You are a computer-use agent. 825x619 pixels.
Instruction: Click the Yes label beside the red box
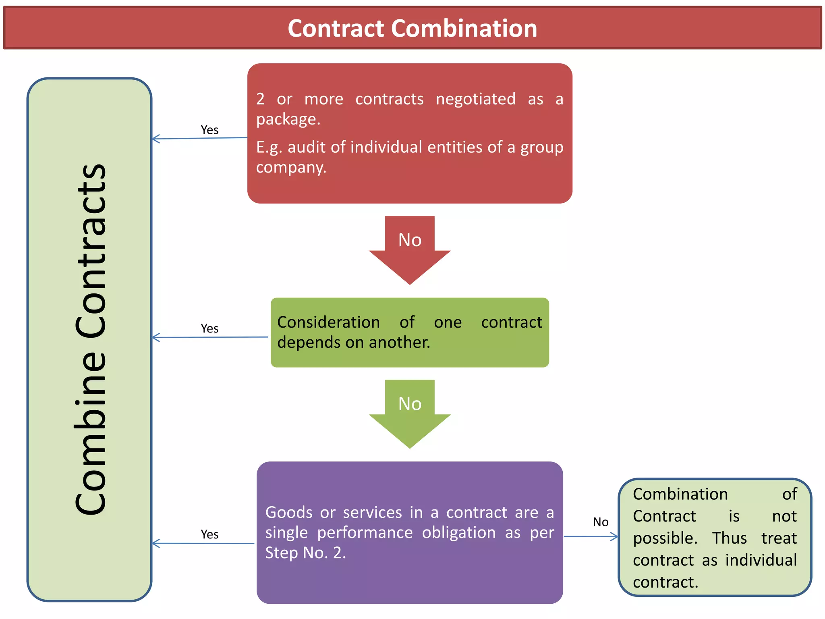209,130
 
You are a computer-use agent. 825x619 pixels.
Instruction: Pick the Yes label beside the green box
209,328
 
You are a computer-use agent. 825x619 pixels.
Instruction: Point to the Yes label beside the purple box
209,534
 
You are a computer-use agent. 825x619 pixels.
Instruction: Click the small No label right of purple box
600,522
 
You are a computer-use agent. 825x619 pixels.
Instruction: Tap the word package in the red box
288,119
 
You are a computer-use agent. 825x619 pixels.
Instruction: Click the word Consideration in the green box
328,322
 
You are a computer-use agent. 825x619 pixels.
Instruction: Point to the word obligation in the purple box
458,533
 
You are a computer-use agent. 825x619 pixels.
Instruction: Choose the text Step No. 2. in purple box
305,553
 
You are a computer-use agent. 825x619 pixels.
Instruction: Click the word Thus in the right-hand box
729,538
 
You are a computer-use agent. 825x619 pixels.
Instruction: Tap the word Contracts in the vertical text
91,250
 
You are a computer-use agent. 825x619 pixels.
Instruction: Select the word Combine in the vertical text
91,433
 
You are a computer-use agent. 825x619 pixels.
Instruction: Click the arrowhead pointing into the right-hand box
615,536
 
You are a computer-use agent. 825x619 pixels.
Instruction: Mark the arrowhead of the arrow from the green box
155,337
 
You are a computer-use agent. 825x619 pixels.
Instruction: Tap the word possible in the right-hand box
664,538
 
